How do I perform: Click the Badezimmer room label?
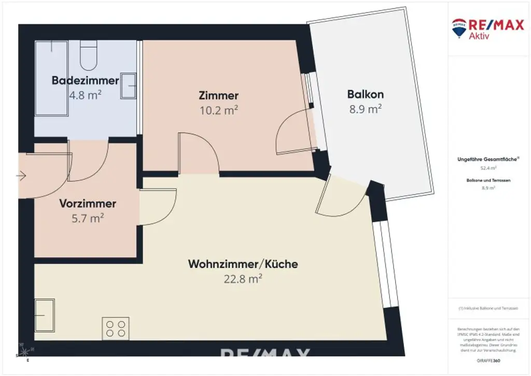pyautogui.click(x=86, y=80)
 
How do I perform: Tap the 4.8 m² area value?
pyautogui.click(x=85, y=95)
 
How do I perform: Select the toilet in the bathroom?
pyautogui.click(x=89, y=56)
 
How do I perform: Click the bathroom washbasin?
pyautogui.click(x=128, y=86)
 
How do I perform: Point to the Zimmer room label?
pyautogui.click(x=218, y=96)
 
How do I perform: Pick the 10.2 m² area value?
pyautogui.click(x=218, y=110)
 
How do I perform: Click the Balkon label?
pyautogui.click(x=365, y=95)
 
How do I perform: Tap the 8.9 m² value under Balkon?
pyautogui.click(x=365, y=109)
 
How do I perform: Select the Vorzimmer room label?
pyautogui.click(x=87, y=204)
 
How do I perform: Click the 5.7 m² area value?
pyautogui.click(x=87, y=219)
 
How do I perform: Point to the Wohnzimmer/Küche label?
pyautogui.click(x=243, y=264)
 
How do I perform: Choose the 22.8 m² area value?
pyautogui.click(x=243, y=279)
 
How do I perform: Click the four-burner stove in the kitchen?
pyautogui.click(x=116, y=328)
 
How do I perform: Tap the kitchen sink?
pyautogui.click(x=45, y=315)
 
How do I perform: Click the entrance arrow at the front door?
pyautogui.click(x=21, y=176)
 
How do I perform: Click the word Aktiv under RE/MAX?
pyautogui.click(x=479, y=35)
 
